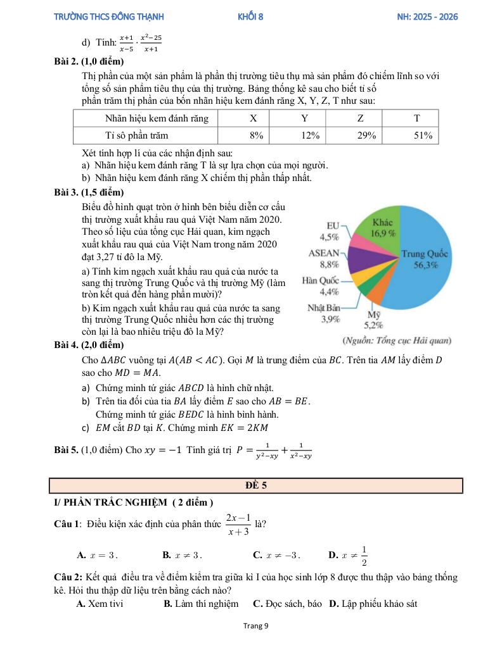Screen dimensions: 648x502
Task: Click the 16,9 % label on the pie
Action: click(x=383, y=233)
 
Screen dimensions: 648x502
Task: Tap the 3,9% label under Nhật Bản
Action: click(x=330, y=319)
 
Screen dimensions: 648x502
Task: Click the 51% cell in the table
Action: click(x=423, y=135)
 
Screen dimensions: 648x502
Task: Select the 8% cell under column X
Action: click(x=256, y=135)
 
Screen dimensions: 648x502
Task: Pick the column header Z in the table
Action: click(x=361, y=118)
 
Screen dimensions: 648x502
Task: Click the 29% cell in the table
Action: click(x=366, y=135)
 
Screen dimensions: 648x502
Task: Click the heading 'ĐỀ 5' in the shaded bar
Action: click(x=256, y=485)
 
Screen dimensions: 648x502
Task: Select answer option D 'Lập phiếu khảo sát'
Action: click(x=373, y=604)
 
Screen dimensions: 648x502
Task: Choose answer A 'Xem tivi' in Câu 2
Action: click(x=100, y=604)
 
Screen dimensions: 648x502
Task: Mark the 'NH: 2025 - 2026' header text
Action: click(x=423, y=17)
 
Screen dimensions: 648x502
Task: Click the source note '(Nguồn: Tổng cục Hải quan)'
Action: click(x=397, y=341)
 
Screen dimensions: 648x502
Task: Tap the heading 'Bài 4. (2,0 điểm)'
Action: click(x=89, y=345)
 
